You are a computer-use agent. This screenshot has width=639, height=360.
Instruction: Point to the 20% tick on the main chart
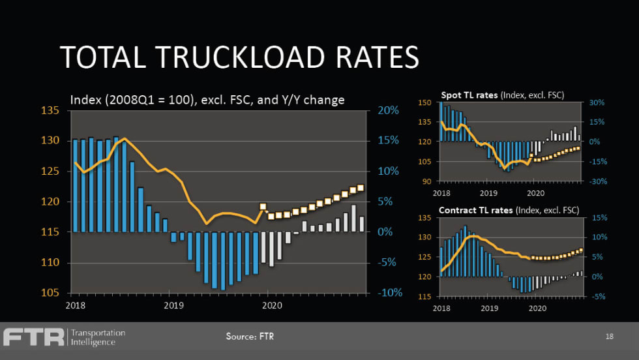point(388,110)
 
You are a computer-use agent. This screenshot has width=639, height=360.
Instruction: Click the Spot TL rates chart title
point(502,95)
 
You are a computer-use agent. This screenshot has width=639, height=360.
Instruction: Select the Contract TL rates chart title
point(509,210)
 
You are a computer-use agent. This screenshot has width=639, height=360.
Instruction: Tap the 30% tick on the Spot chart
point(598,102)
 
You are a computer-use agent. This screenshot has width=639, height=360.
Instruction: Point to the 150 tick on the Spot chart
point(424,102)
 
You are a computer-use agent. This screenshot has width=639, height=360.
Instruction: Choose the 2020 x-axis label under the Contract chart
point(537,308)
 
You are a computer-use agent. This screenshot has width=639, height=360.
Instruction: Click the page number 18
point(609,337)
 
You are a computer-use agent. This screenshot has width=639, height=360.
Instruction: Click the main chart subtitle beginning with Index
point(207,99)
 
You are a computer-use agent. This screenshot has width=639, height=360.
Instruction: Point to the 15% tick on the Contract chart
point(597,217)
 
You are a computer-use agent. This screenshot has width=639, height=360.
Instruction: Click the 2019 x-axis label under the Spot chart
point(488,193)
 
